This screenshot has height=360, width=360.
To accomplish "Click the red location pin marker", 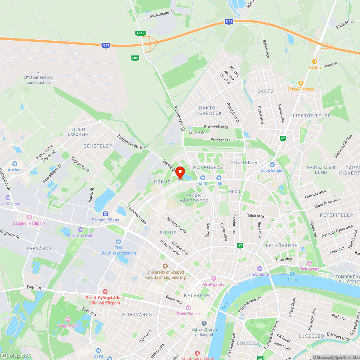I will click(x=180, y=172).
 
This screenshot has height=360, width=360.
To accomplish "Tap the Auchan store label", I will click(x=15, y=170).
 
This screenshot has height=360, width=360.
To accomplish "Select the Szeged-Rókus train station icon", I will click(x=105, y=213).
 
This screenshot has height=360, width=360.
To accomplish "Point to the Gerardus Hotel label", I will click(x=81, y=236).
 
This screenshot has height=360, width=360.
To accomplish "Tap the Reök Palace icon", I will click(x=188, y=307).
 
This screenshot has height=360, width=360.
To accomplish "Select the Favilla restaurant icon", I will click(x=315, y=61).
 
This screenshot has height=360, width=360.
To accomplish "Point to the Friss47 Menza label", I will click(x=301, y=89).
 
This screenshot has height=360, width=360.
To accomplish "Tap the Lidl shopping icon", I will click(x=218, y=177).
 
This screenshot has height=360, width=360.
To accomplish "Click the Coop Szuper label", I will click(x=272, y=170).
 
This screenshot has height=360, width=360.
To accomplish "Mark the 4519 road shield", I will click(x=141, y=33).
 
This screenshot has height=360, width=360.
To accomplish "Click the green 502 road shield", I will click(x=135, y=58).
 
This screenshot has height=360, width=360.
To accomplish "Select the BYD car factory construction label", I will click(x=38, y=80).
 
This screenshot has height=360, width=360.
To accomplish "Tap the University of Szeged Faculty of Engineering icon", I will click(x=165, y=266).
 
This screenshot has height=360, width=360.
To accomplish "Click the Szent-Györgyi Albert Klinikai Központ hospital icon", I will click(x=105, y=291).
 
